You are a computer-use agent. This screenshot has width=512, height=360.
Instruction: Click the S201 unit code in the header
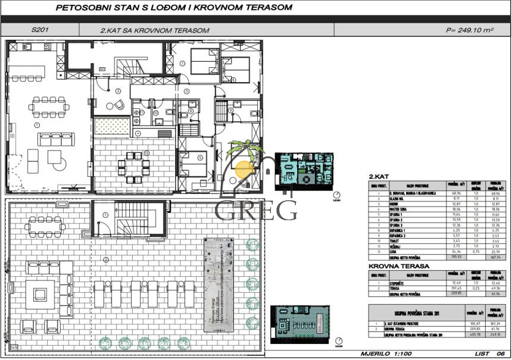tap(40, 30)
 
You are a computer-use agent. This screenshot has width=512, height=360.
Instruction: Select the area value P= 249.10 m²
tap(470, 30)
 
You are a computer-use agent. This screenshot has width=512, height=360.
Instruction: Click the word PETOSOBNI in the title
tap(80, 8)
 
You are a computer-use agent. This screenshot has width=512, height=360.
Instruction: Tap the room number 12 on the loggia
tap(145, 153)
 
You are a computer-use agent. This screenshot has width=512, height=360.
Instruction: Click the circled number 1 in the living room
tap(37, 125)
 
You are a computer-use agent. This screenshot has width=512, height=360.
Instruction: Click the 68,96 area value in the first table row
tap(457, 194)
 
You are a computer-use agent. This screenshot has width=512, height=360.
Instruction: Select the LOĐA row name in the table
tap(395, 253)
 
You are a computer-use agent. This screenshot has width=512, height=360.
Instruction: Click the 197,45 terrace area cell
tap(458, 289)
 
